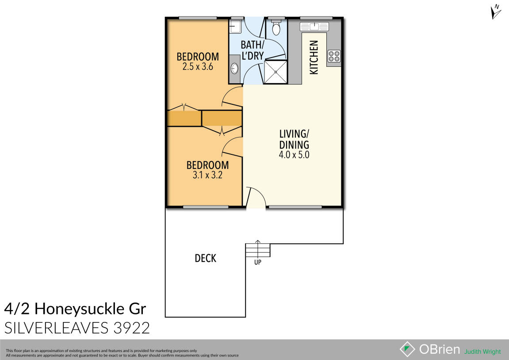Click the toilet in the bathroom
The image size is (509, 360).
(x=276, y=29)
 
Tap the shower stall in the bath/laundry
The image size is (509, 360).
(x=276, y=72)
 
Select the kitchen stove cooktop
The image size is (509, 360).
(x=334, y=56)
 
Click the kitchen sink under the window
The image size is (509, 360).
(x=313, y=27)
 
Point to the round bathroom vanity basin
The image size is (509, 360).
(x=234, y=69)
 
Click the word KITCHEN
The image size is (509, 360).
(x=314, y=57)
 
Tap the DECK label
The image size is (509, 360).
(x=206, y=258)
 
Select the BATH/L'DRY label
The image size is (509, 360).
(x=253, y=50)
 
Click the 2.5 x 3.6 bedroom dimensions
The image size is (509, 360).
(x=198, y=67)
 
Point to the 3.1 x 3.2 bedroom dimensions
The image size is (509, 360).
(x=207, y=175)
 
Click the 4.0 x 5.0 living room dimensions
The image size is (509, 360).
(x=294, y=155)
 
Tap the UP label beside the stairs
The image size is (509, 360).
(x=257, y=262)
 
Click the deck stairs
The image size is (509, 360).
(x=258, y=250)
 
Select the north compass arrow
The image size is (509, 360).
(x=496, y=11)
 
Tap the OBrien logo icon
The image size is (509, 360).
(x=407, y=349)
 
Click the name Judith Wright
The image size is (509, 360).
(x=482, y=352)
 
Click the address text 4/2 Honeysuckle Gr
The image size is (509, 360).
(x=75, y=308)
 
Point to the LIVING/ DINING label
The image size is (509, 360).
(x=294, y=139)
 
